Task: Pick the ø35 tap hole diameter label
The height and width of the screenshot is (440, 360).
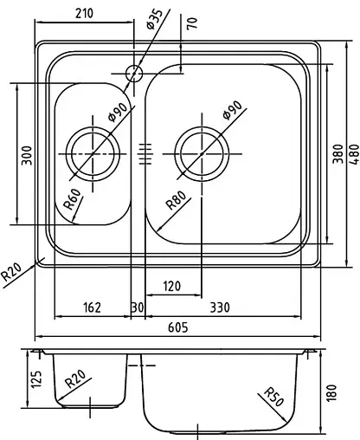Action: tap(157, 17)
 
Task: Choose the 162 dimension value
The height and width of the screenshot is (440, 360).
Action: tap(92, 306)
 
